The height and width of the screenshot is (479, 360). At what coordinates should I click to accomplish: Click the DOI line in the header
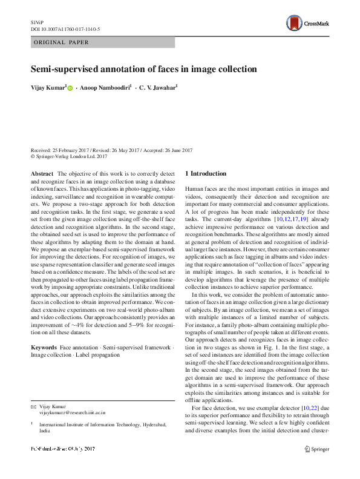pos(57,28)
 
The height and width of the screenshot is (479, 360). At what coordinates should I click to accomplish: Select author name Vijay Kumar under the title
pos(48,88)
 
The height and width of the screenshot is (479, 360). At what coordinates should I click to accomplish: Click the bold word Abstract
pos(42,174)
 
